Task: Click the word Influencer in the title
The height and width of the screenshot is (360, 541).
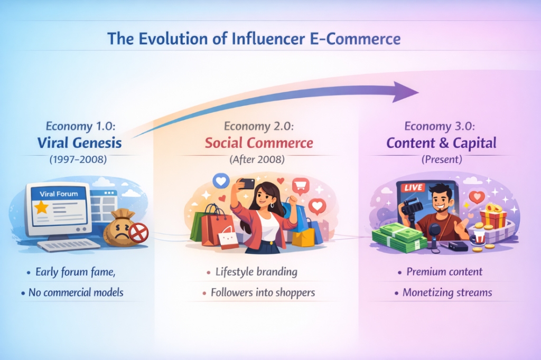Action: [x=268, y=39]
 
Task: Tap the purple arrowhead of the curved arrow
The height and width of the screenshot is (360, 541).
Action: [x=405, y=92]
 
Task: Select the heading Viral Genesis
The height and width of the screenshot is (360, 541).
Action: [x=79, y=143]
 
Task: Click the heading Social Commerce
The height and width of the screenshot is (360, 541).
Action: [x=259, y=143]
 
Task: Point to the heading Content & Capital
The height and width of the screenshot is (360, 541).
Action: [x=441, y=143]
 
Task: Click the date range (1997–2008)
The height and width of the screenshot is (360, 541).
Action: [x=78, y=159]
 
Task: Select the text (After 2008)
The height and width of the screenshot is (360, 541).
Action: [x=257, y=159]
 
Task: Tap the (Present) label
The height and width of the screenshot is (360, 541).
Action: [x=442, y=159]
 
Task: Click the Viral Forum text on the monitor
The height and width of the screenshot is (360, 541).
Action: [x=59, y=194]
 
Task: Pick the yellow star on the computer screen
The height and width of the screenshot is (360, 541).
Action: [x=41, y=207]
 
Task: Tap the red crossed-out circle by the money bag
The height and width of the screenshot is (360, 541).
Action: [x=138, y=233]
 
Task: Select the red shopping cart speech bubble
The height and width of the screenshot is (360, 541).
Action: [x=301, y=186]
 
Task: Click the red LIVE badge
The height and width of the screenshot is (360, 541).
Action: [x=413, y=187]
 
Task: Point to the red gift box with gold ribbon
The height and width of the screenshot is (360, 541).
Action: [x=493, y=216]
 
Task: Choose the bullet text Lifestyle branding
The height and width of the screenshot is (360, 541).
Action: [x=256, y=272]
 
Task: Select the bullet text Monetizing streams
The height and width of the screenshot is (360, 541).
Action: [x=447, y=292]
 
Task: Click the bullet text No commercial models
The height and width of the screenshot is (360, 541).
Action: [x=76, y=292]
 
